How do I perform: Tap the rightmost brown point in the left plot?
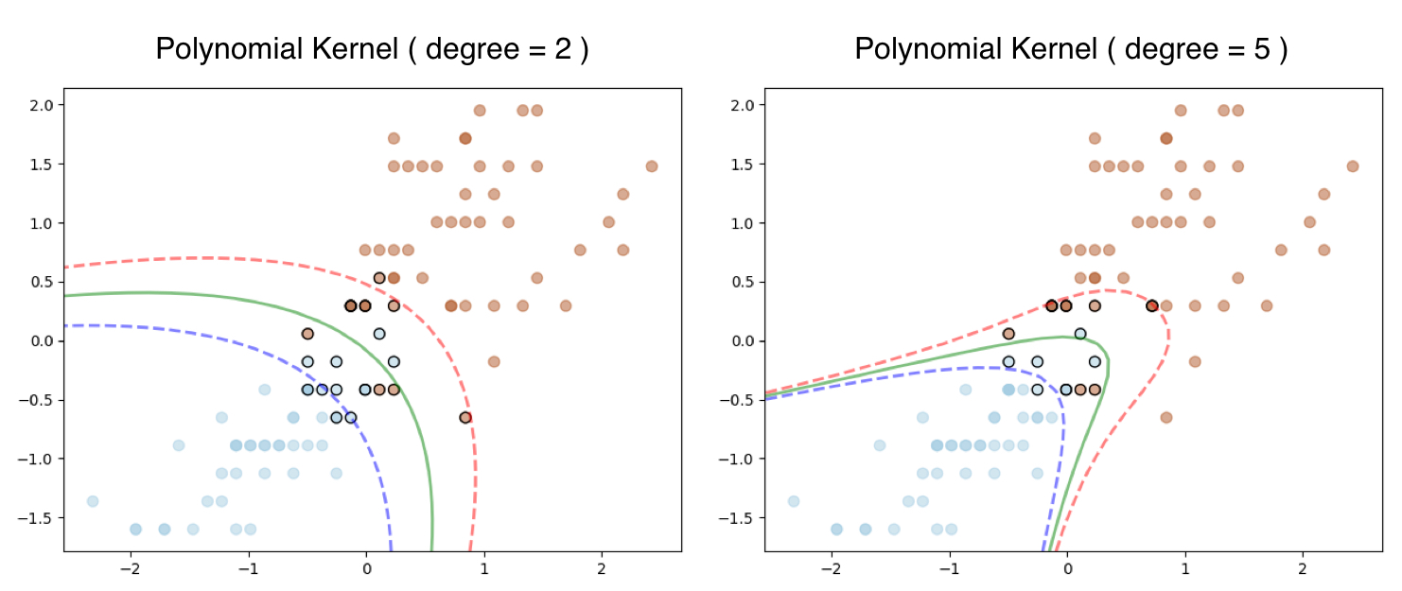coord(651,166)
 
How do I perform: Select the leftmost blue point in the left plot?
coord(93,501)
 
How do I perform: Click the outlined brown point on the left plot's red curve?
coord(464,417)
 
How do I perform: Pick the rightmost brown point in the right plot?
coord(1352,166)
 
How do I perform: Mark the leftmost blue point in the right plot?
coord(794,501)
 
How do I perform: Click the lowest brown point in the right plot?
coord(1165,417)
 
